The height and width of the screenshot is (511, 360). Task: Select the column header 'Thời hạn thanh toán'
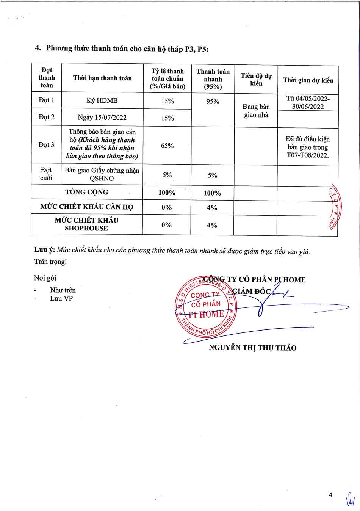click(x=102, y=78)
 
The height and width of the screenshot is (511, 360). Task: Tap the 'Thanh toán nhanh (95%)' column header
click(x=213, y=79)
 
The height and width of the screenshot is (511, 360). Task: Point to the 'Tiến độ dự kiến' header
click(x=256, y=79)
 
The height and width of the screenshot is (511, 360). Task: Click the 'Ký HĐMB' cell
click(x=102, y=100)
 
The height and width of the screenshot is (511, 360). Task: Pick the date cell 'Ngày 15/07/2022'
click(x=102, y=117)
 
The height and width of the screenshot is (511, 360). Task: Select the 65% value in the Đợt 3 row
click(x=167, y=146)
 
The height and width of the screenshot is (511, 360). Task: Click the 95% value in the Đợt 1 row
click(x=213, y=102)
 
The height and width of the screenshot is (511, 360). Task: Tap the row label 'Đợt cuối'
click(x=46, y=174)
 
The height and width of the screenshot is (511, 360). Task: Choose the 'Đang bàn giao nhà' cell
click(x=256, y=111)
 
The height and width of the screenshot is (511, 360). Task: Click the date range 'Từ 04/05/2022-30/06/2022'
click(x=308, y=103)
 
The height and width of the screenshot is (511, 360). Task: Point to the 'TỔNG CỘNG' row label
click(x=86, y=192)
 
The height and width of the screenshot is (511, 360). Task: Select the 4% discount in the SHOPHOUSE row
click(x=212, y=225)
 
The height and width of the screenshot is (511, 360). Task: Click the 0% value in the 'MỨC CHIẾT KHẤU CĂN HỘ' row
click(x=167, y=207)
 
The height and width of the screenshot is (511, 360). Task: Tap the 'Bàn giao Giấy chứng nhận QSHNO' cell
click(x=102, y=174)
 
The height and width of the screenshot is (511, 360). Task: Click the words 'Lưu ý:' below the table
click(x=44, y=250)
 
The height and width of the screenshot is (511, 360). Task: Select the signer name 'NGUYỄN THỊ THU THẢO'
click(x=252, y=348)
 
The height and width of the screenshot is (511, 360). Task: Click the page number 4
click(x=330, y=495)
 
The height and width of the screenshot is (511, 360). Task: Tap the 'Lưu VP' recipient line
click(x=61, y=298)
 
